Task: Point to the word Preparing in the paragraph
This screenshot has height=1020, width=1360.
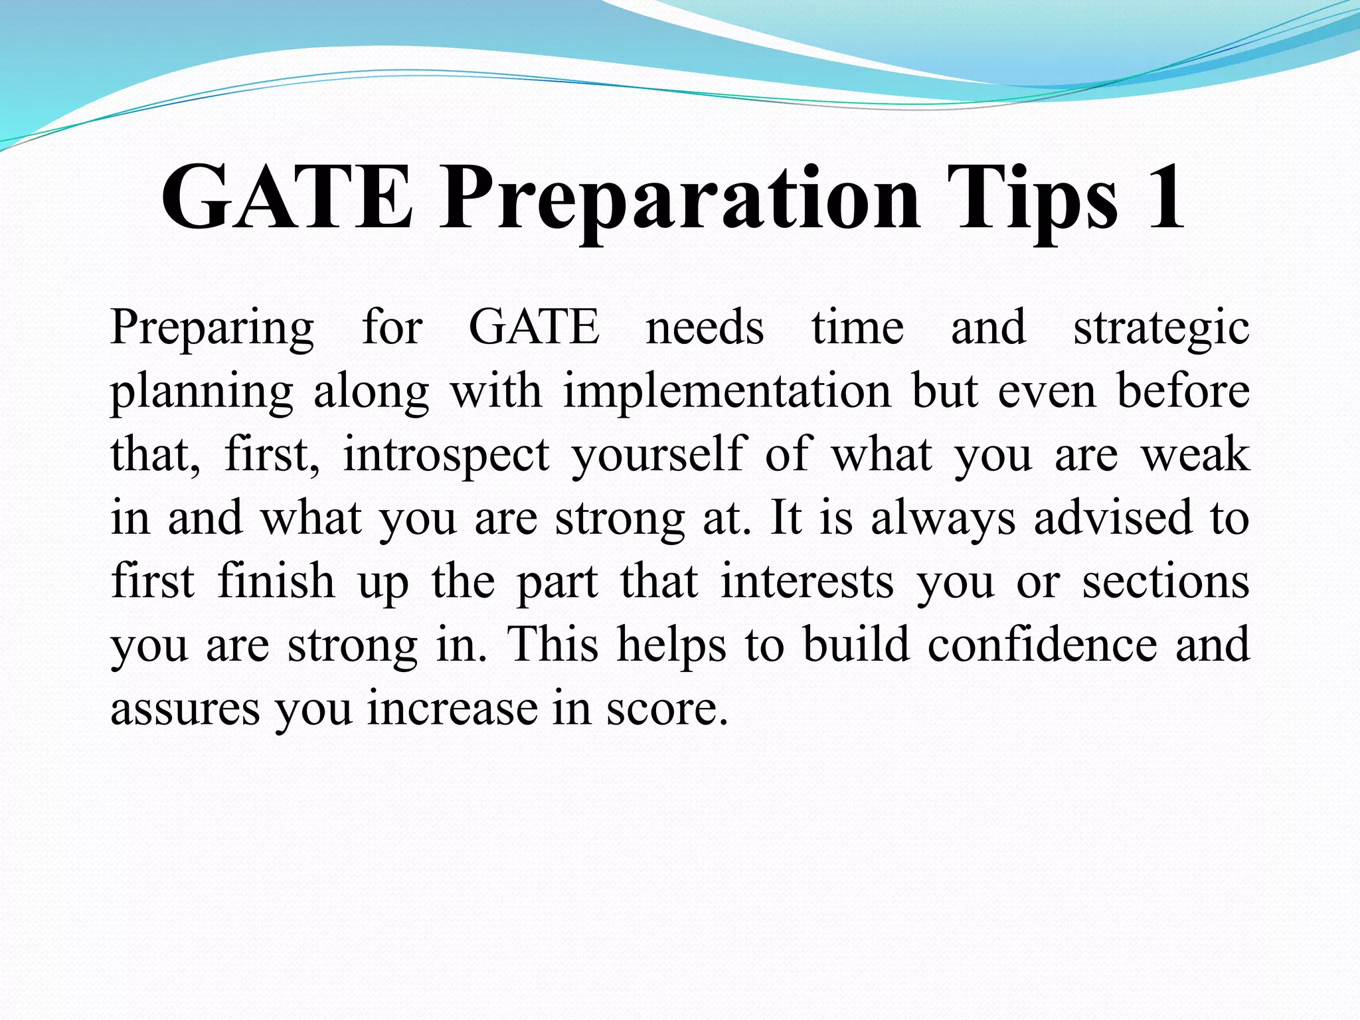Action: (212, 329)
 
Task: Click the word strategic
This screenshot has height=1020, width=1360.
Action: (1161, 329)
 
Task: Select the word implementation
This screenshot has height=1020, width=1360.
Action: (727, 392)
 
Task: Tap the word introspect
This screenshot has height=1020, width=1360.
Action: (446, 456)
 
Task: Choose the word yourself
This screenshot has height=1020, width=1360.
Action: (659, 456)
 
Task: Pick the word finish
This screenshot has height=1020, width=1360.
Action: (276, 581)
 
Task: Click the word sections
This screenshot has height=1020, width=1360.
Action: (1165, 582)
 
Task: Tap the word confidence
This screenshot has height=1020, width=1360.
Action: (1043, 644)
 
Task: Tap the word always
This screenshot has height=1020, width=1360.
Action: (943, 519)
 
